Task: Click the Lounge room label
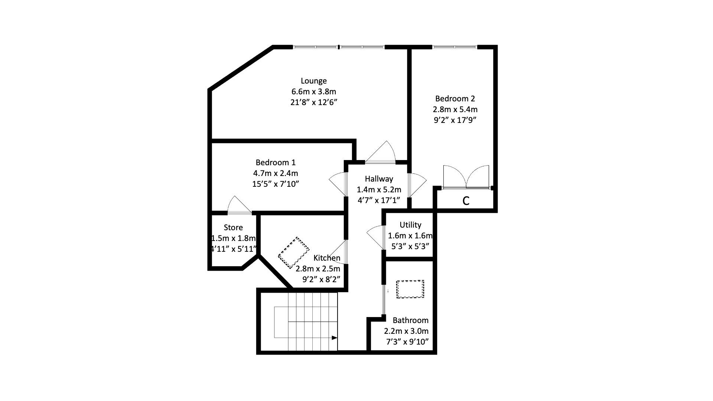coord(313,81)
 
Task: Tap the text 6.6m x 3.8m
coord(313,92)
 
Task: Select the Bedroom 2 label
coord(455,99)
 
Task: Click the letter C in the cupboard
coord(466,201)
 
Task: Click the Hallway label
coord(379,179)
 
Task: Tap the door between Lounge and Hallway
coord(381,153)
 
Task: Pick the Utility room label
coord(410,225)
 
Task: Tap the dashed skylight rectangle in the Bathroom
coord(410,289)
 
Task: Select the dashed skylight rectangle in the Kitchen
coord(294,252)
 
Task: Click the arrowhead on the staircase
coord(334,338)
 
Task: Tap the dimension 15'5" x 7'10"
coord(276,184)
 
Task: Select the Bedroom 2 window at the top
coord(455,47)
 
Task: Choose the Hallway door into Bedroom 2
coord(417,185)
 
